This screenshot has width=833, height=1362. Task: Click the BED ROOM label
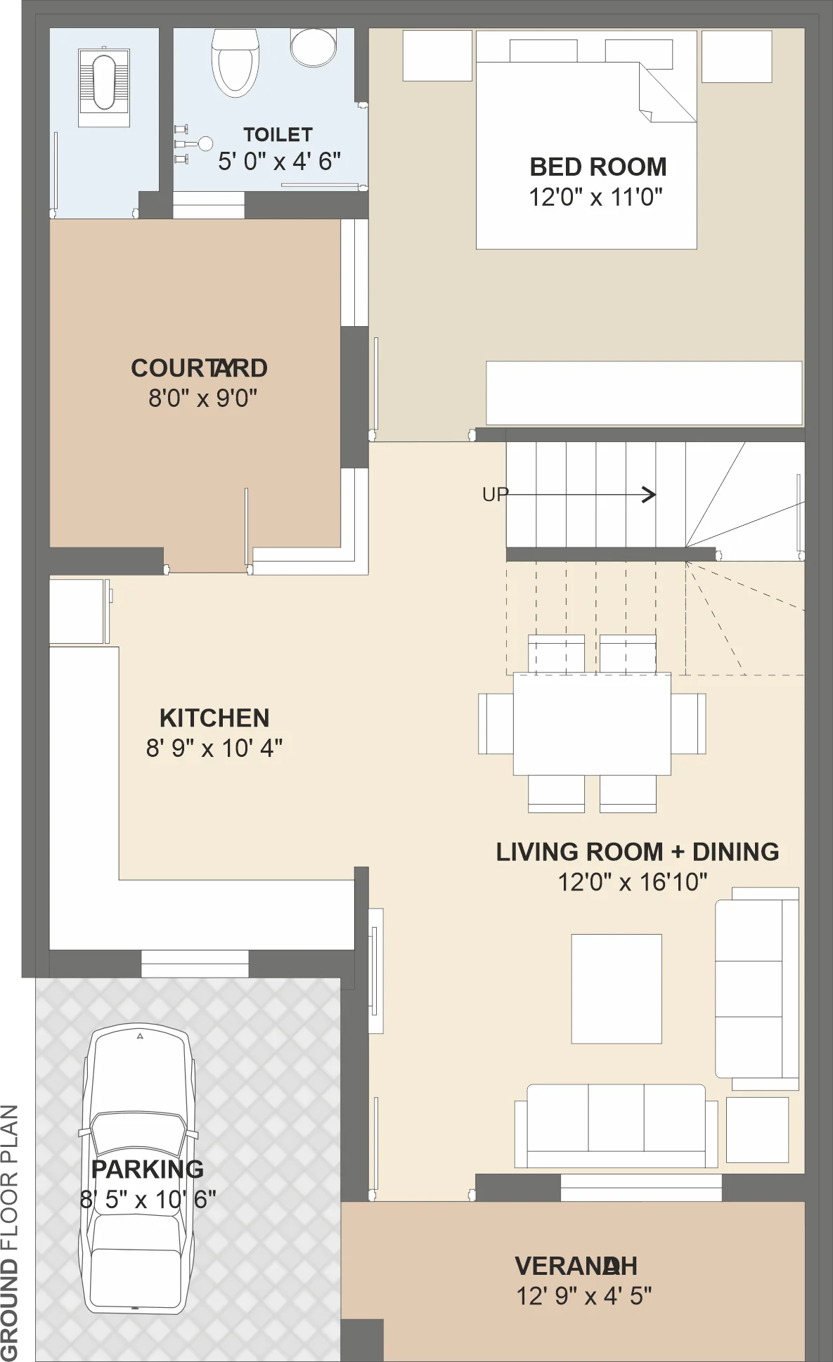[x=598, y=167]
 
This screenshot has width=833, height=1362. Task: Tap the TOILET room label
[x=278, y=134]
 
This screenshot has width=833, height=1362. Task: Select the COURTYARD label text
[x=199, y=368]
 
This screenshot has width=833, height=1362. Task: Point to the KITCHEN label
[x=214, y=718]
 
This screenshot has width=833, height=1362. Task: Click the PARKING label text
[x=148, y=1169]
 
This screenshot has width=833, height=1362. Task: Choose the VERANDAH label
[x=576, y=1266]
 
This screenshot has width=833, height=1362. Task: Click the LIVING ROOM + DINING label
[x=638, y=852]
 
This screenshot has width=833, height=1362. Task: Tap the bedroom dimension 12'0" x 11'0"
[x=596, y=197]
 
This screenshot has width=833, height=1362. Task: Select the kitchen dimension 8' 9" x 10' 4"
[x=214, y=748]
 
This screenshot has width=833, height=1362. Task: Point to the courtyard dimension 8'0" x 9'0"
[x=202, y=398]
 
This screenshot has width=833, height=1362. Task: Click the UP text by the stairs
[x=495, y=495]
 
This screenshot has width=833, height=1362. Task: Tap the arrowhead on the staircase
[x=650, y=495]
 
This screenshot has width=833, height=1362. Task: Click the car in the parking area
[x=138, y=1168]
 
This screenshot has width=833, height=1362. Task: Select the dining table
[x=592, y=724]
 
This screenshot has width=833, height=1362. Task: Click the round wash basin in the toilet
[x=314, y=47]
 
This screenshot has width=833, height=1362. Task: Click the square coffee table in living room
[x=616, y=989]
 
